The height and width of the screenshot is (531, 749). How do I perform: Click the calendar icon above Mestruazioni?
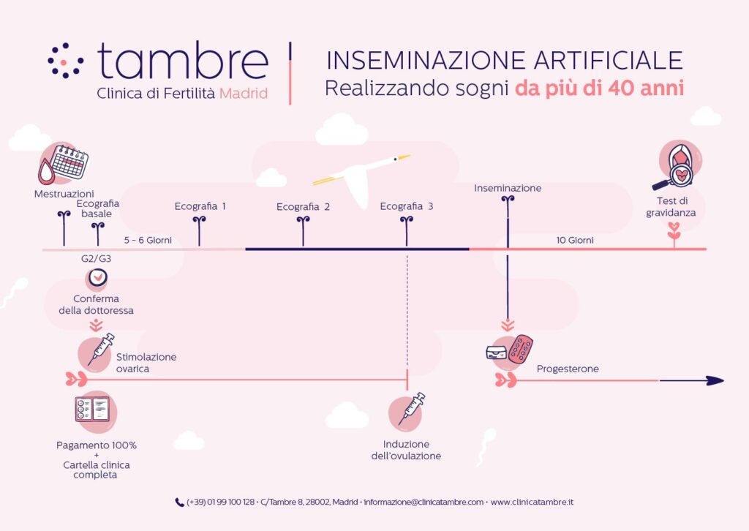pyautogui.click(x=69, y=162)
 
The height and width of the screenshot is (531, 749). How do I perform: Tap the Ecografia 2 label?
pyautogui.click(x=303, y=207)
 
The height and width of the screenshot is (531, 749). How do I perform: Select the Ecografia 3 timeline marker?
pyautogui.click(x=407, y=231)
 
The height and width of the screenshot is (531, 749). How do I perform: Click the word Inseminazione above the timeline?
pyautogui.click(x=508, y=188)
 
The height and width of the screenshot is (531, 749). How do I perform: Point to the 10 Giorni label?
pyautogui.click(x=575, y=240)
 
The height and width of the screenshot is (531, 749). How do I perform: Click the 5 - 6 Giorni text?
pyautogui.click(x=148, y=240)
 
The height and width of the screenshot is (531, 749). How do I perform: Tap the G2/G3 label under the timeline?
pyautogui.click(x=96, y=258)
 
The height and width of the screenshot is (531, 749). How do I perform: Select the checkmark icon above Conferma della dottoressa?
pyautogui.click(x=97, y=277)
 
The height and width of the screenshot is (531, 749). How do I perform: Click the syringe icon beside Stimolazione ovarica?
pyautogui.click(x=101, y=349)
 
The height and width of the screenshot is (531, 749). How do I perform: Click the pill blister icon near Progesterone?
pyautogui.click(x=520, y=349)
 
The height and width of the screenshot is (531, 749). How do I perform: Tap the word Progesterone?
pyautogui.click(x=568, y=369)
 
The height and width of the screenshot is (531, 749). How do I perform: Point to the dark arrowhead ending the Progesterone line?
pyautogui.click(x=715, y=380)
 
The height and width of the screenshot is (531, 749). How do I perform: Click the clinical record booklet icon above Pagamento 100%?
pyautogui.click(x=92, y=410)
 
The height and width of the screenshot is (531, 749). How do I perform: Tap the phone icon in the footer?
pyautogui.click(x=180, y=502)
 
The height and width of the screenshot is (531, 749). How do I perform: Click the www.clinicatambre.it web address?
pyautogui.click(x=532, y=502)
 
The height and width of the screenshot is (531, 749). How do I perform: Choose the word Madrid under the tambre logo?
pyautogui.click(x=243, y=93)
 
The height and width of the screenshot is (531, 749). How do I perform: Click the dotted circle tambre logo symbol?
pyautogui.click(x=65, y=61)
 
